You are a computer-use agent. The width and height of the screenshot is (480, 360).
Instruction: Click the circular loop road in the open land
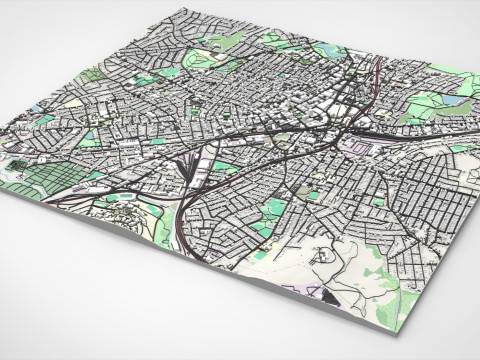point(323,255)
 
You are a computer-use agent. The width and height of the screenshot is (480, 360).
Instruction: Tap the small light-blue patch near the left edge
point(34,108)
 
